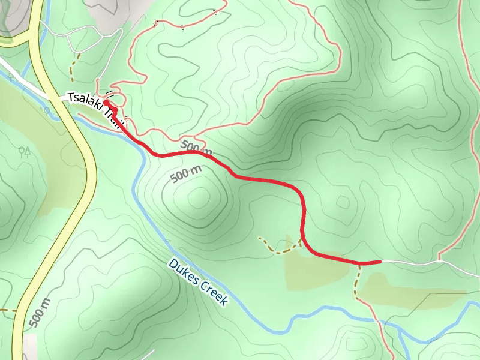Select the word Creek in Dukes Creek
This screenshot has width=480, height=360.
click(214, 293)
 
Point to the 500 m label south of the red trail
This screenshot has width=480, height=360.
click(187, 175)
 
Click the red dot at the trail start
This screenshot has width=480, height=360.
click(106, 103)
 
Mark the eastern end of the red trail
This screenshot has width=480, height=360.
click(379, 262)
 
